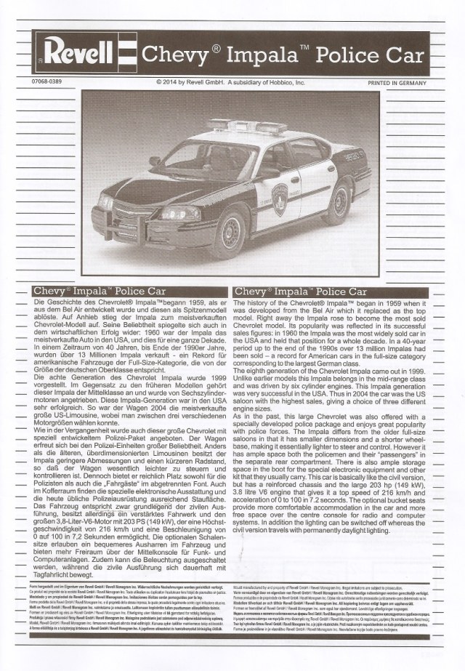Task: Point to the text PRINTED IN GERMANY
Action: [395, 83]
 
